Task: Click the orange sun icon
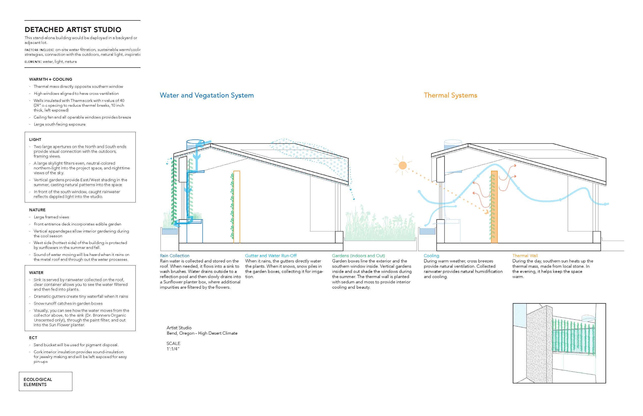(402, 165)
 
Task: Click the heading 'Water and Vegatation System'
(207, 95)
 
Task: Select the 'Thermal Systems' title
(450, 95)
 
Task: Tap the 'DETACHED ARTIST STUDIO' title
(73, 29)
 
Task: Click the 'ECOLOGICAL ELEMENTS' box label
(38, 382)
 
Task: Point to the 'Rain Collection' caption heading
(174, 256)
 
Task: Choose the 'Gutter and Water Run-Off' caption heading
(271, 256)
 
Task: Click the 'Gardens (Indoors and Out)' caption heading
(359, 256)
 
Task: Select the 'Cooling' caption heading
(431, 256)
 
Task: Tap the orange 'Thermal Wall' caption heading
(525, 256)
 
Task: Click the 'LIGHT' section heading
(35, 139)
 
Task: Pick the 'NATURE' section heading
(37, 210)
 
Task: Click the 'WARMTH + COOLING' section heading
(50, 79)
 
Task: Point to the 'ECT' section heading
(33, 338)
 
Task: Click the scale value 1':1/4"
(173, 349)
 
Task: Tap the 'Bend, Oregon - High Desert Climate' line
(202, 333)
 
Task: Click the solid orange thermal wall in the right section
(494, 207)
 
